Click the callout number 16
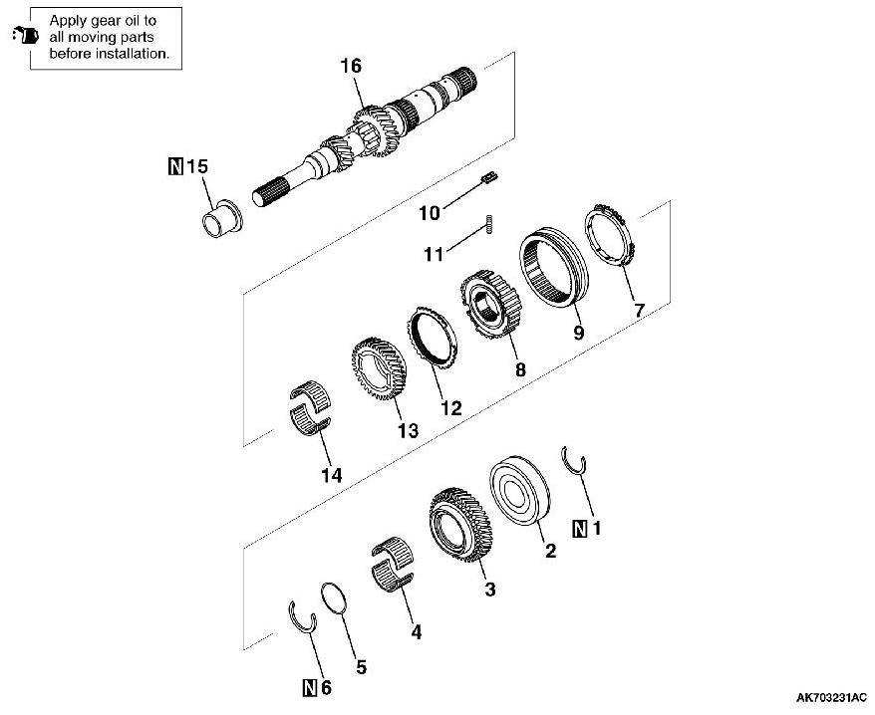pos(350,67)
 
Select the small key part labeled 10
pos(488,178)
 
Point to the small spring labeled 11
pos(490,225)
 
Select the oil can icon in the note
pos(22,37)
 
